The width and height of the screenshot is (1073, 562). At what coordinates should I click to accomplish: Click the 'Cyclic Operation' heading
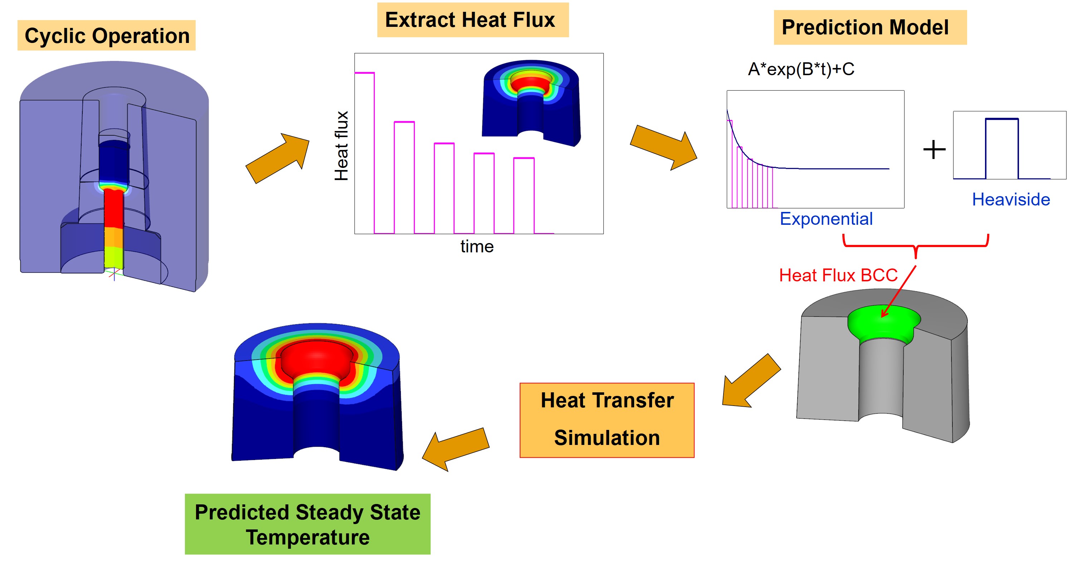107,35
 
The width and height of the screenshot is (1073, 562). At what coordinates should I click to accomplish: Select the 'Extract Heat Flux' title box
473,20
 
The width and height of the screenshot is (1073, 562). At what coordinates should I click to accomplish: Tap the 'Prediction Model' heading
870,28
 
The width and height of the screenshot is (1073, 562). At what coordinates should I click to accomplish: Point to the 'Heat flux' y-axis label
341,146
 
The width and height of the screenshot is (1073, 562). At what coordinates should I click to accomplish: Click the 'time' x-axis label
477,246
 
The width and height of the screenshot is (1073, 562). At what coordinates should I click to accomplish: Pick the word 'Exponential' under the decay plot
826,219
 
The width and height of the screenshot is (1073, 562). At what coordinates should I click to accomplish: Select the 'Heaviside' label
1011,199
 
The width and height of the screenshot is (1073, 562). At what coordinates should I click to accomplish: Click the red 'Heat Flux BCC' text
838,275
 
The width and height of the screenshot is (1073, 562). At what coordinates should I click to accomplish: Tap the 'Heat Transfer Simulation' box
607,420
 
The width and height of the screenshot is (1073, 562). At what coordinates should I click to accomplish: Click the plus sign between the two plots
934,150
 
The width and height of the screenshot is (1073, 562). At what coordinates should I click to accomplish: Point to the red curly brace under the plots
916,246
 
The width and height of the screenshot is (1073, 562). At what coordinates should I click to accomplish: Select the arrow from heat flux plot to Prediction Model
663,148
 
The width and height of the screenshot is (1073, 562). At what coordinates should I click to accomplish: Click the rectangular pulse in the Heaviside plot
1002,149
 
